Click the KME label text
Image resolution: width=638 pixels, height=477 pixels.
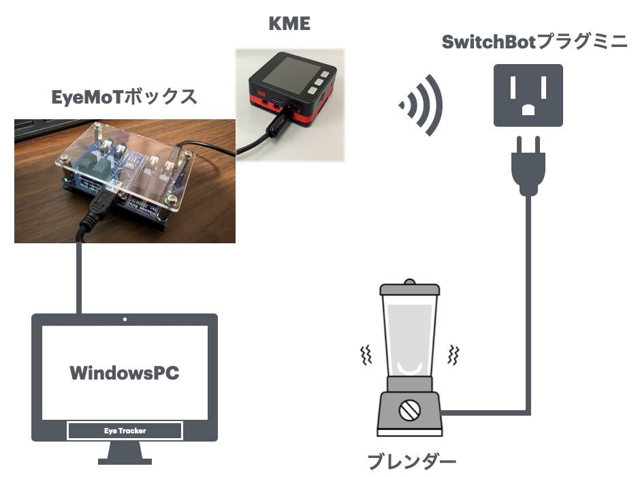(x=290, y=25)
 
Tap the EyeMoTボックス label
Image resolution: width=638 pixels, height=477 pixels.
(x=125, y=97)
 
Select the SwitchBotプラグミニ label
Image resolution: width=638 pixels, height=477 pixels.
(x=534, y=42)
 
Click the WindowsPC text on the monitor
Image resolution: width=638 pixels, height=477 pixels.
(x=125, y=373)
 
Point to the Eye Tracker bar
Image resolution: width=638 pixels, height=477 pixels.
(x=125, y=431)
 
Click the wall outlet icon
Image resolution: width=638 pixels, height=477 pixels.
(x=528, y=95)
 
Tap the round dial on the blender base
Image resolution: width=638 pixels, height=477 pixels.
(x=411, y=410)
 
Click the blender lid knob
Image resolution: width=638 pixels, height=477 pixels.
(x=409, y=281)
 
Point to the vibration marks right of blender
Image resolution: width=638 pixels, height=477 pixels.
(x=453, y=355)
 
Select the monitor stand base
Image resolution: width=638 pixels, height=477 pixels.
(x=125, y=457)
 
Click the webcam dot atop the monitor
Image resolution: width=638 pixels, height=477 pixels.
(x=125, y=319)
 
